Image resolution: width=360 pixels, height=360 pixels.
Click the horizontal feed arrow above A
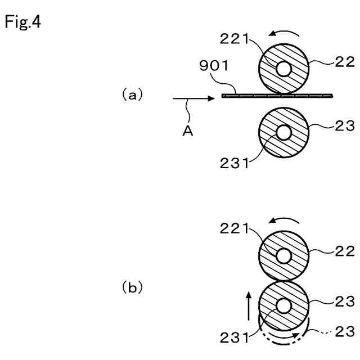coord(194,98)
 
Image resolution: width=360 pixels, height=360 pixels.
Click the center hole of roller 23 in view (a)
coord(283,132)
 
